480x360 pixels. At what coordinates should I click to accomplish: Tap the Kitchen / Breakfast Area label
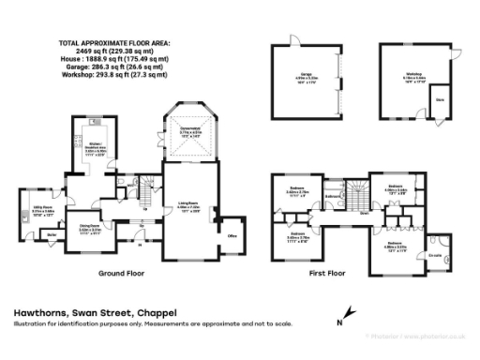coord(96,145)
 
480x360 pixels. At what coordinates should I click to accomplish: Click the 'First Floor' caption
coord(327,274)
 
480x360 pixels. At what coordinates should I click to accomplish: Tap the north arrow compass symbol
coord(351,314)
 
